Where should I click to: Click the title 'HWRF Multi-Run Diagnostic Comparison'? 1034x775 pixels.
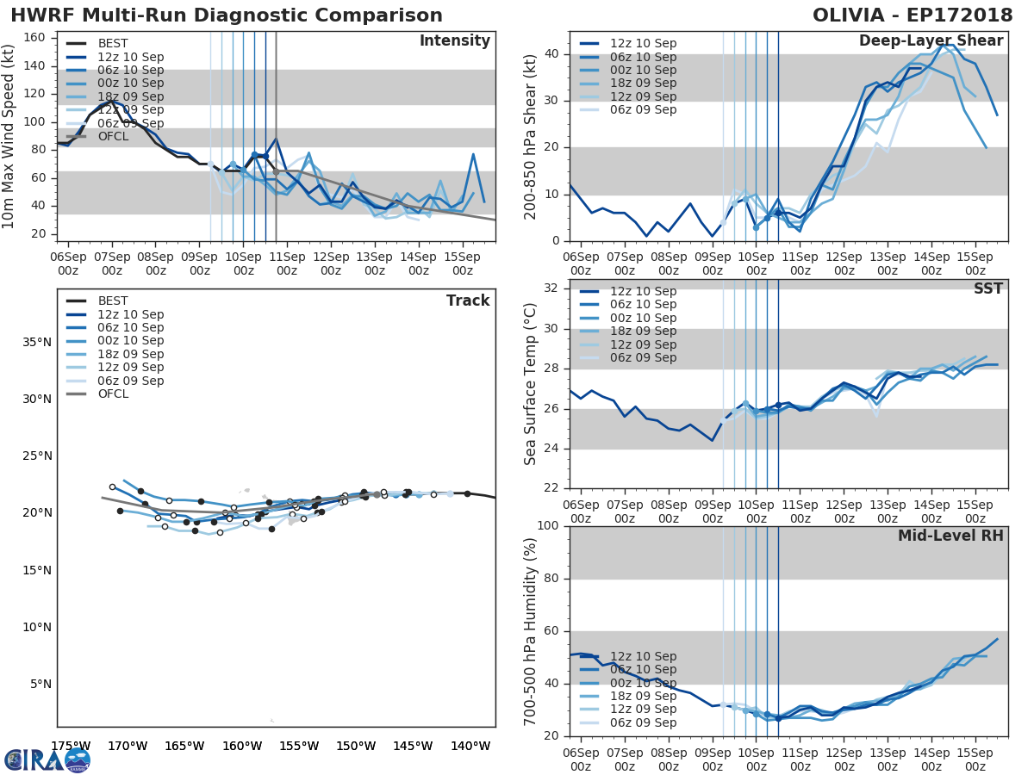[x=227, y=16]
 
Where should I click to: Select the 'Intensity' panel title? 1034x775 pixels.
[x=454, y=41]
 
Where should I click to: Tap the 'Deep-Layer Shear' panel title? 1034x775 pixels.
[x=931, y=41]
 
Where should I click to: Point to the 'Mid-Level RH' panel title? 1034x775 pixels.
[x=950, y=536]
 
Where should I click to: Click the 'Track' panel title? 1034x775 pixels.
[x=468, y=301]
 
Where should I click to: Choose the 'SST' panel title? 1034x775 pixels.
[x=988, y=288]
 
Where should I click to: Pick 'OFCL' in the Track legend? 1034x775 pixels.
[x=113, y=394]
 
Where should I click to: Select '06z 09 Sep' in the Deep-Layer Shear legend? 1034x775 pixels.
[x=643, y=109]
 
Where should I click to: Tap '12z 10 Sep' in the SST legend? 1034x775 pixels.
[x=643, y=291]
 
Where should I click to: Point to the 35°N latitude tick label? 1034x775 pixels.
[x=35, y=342]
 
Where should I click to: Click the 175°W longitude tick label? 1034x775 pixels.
[x=71, y=746]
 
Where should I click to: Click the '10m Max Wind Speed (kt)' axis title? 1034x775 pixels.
[x=9, y=138]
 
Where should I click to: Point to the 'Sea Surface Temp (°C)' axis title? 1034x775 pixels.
[x=532, y=384]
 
